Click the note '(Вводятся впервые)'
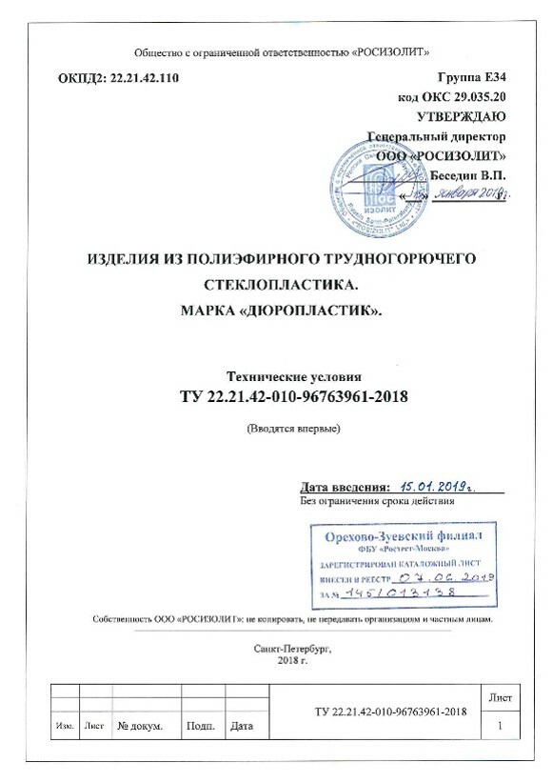click(293, 428)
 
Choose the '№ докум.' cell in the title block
click(140, 727)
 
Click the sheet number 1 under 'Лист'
click(500, 726)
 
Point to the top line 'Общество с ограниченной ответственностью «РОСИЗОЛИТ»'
click(276, 51)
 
